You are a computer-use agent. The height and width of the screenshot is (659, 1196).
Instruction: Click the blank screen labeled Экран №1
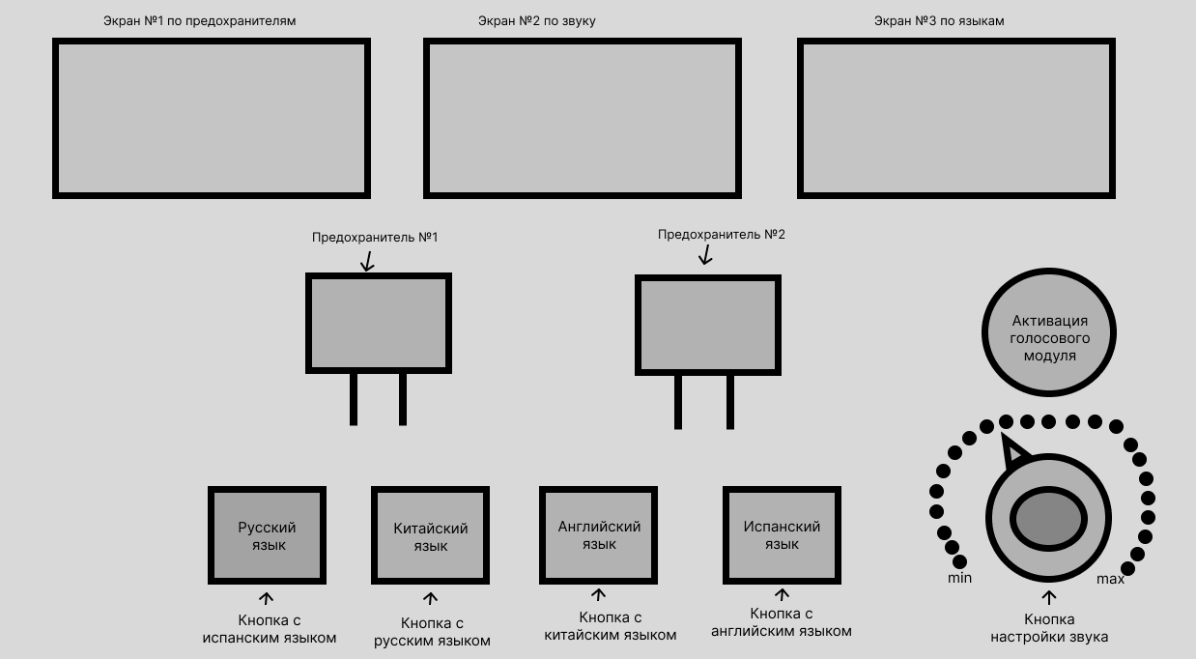point(212,118)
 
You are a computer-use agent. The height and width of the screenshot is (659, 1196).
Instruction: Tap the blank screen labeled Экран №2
point(583,118)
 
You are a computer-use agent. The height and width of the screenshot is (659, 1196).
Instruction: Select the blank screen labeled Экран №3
point(955,118)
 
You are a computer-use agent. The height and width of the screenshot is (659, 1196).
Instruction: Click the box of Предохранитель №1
point(379,323)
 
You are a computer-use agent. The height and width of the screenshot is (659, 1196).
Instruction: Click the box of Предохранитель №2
point(708,325)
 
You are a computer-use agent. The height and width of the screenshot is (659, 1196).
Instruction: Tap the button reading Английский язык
point(599,535)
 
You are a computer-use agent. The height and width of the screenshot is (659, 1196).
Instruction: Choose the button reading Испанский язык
point(782,535)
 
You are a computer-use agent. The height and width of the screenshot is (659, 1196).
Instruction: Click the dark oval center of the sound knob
point(1049,520)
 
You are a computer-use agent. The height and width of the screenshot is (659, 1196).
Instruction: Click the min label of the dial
point(959,578)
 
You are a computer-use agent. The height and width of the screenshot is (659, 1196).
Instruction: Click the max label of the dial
point(1110,579)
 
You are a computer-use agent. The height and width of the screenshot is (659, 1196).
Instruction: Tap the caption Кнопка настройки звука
point(1049,628)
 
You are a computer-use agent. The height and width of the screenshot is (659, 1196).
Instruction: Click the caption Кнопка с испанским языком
point(270,629)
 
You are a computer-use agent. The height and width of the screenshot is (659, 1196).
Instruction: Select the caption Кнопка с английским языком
point(782,622)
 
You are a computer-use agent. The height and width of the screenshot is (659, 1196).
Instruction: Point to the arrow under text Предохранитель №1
point(367,260)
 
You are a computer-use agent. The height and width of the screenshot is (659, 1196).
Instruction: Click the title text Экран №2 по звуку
point(536,20)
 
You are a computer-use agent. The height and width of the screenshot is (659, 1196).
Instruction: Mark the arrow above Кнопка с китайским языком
point(599,595)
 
